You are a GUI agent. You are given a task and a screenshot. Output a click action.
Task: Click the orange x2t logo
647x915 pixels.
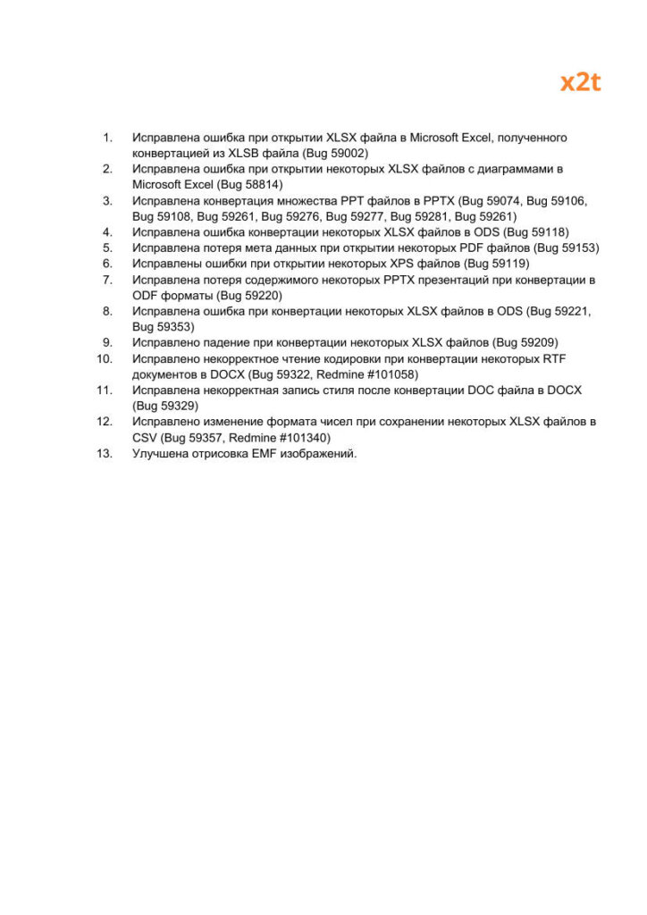(580, 83)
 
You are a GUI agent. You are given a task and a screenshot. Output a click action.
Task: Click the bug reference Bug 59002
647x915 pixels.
(335, 153)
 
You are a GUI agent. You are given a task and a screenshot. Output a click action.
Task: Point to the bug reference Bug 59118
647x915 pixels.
(536, 231)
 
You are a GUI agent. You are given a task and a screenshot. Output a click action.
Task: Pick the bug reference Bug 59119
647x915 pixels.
(497, 264)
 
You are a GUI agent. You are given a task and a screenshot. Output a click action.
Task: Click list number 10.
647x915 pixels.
(105, 358)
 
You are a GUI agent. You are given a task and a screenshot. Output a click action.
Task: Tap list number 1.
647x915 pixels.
(107, 137)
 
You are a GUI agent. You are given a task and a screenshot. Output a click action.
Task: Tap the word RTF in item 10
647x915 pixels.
(555, 358)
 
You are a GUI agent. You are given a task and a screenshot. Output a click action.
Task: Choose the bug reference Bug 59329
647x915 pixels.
(164, 406)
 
